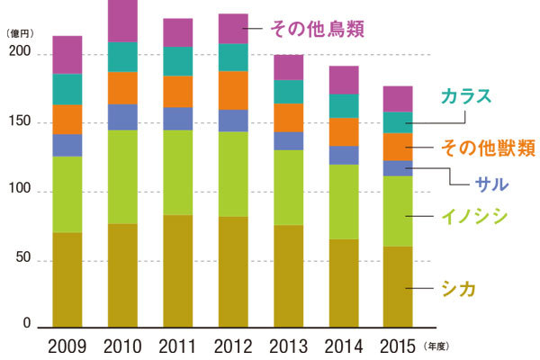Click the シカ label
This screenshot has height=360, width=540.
click(458, 288)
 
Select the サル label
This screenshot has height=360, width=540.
click(490, 184)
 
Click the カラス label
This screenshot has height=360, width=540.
click(466, 96)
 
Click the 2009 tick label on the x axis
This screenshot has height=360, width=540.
click(67, 345)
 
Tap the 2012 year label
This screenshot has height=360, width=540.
click(233, 345)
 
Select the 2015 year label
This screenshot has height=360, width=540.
click(398, 345)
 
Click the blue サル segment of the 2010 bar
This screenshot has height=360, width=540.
click(122, 117)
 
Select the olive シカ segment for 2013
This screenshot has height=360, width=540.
click(288, 275)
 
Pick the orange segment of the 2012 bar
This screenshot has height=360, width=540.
click(233, 90)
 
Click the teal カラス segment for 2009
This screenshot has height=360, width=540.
click(67, 89)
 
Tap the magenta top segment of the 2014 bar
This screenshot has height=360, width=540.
click(343, 80)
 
